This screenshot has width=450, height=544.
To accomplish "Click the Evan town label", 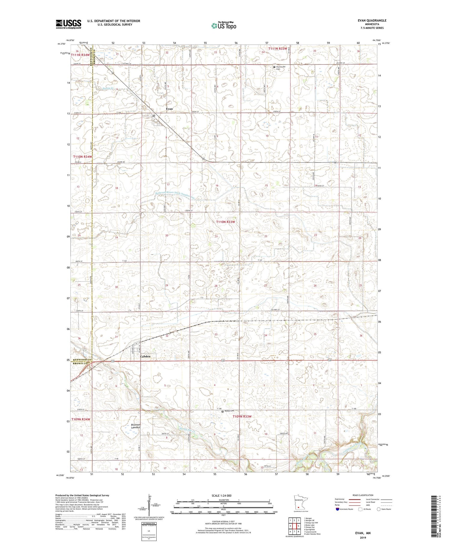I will tap(169, 109).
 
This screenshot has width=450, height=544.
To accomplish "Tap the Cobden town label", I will tap(145, 356).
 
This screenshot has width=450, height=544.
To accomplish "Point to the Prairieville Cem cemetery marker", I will tap(274, 67).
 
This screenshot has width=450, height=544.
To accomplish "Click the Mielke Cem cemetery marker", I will tap(222, 412).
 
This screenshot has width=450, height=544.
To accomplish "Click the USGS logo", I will tap(68, 24).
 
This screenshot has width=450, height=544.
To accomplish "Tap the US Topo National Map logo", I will tap(223, 26).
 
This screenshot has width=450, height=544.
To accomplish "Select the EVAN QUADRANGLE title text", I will tap(372, 20).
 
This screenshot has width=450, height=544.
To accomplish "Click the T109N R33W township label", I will tap(242, 416).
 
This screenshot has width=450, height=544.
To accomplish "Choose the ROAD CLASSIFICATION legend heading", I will tap(363, 495).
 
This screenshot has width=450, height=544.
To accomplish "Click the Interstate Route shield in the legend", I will tap(337, 509).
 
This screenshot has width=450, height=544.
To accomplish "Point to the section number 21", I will tap(216, 236).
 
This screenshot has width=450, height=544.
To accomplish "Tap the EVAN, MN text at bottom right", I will tap(363, 533).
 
